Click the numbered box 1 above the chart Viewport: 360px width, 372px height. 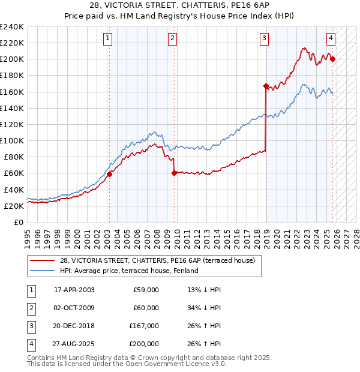pos(108,38)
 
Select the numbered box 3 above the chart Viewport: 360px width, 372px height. pos(265,38)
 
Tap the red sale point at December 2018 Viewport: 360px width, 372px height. pos(265,86)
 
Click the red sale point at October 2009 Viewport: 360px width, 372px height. pos(174,173)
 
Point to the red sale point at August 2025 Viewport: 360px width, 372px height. pos(332,59)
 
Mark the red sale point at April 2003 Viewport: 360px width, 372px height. pos(110,174)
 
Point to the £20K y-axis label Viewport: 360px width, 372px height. pos(13,206)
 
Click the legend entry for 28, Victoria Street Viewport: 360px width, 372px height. pos(157,260)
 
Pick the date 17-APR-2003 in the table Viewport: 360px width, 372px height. pos(74,290)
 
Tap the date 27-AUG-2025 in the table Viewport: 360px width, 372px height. pos(74,344)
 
